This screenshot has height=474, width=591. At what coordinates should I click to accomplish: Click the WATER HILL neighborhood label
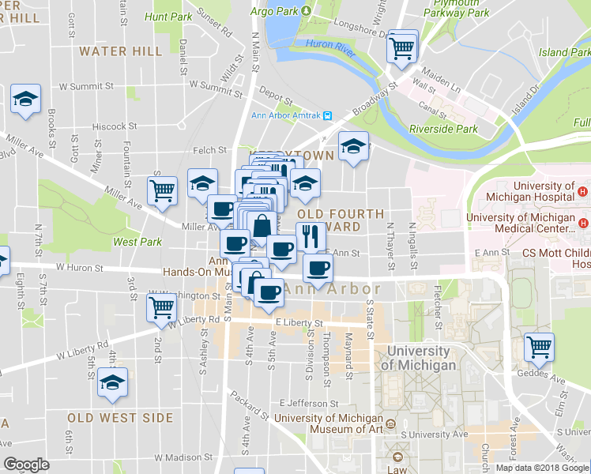tap(121, 51)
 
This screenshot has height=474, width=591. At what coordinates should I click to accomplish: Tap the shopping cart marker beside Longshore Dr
tap(401, 47)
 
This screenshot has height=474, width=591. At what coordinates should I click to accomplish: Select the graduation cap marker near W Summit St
tap(25, 100)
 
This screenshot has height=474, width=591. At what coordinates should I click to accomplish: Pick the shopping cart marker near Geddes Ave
tap(539, 346)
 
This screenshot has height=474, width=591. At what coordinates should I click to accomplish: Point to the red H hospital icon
tap(582, 191)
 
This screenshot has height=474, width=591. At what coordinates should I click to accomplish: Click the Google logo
tap(27, 465)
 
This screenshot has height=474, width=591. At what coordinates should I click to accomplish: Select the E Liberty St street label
tap(299, 323)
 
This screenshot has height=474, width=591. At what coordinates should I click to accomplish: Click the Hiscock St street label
tap(114, 126)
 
